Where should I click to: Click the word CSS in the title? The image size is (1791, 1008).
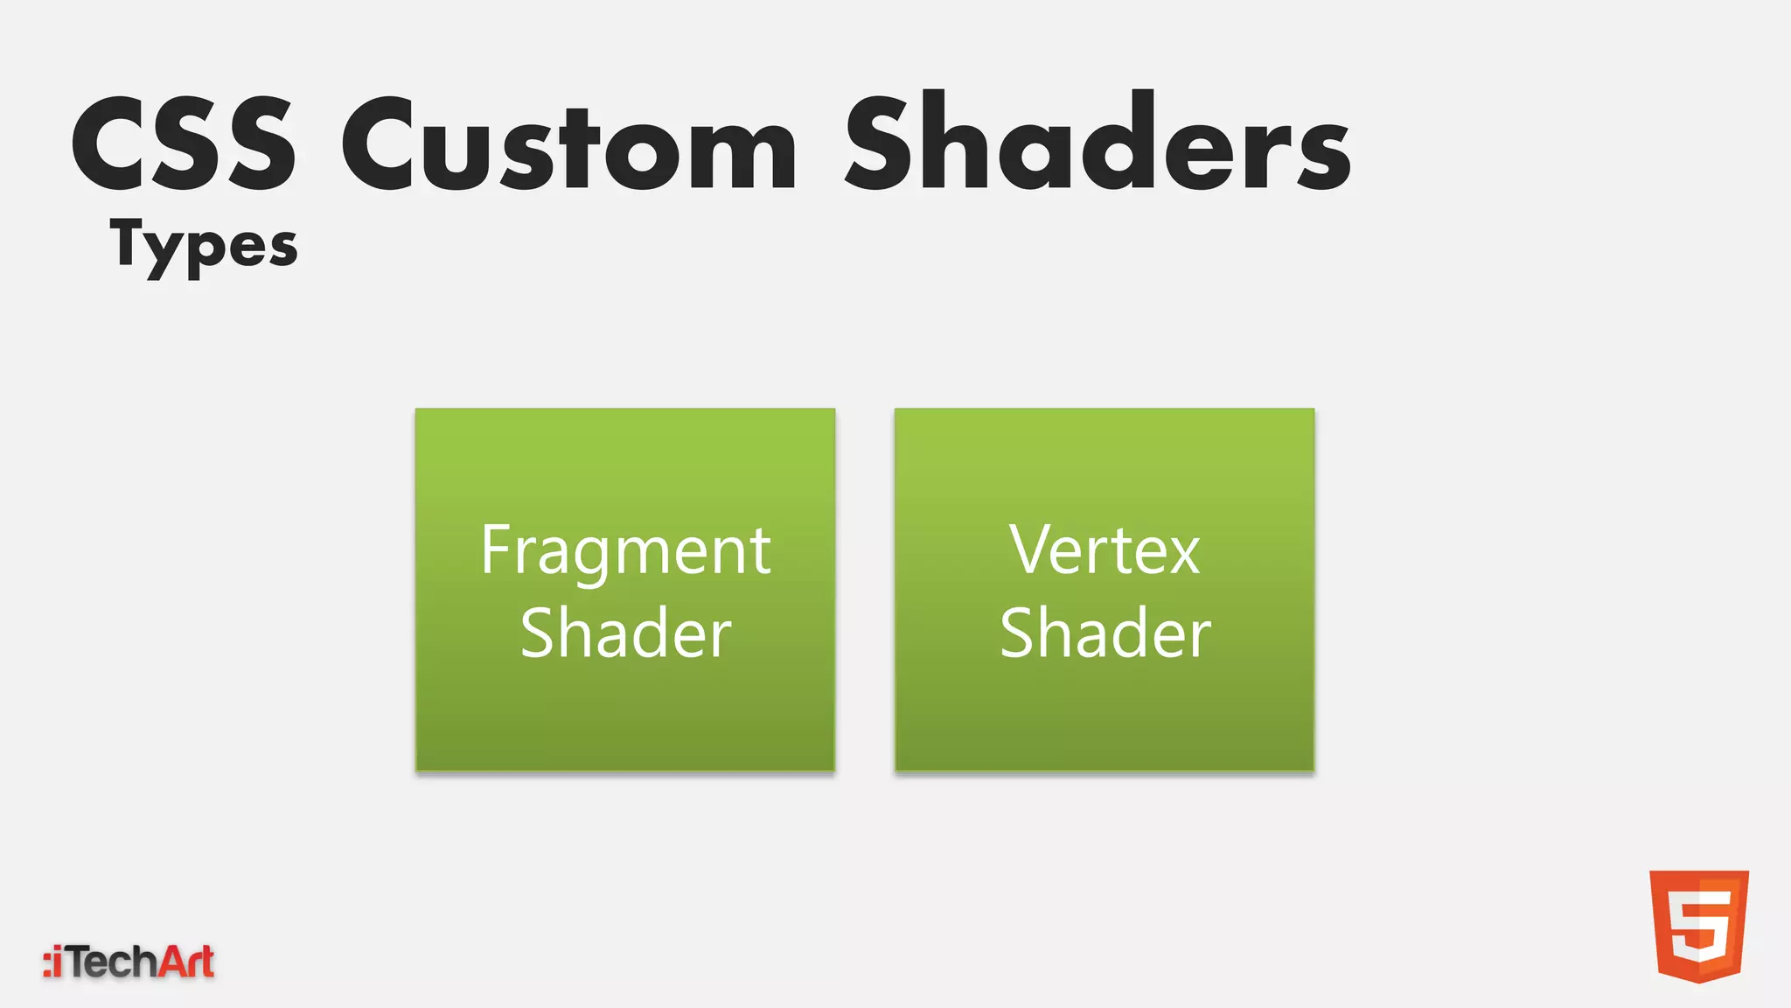[x=184, y=144]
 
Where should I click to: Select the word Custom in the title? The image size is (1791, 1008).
[x=568, y=144]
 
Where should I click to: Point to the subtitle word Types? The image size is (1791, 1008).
[x=204, y=246]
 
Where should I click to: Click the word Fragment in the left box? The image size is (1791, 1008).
[x=625, y=551]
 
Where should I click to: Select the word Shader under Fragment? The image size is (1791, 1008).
[x=625, y=633]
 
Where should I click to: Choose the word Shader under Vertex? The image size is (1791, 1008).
[x=1105, y=633]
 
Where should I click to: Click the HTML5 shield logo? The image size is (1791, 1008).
[x=1698, y=926]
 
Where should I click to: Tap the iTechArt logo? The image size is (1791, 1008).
[x=129, y=962]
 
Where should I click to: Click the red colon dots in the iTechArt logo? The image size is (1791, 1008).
[x=47, y=962]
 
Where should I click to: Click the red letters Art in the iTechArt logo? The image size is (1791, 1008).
[x=185, y=962]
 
